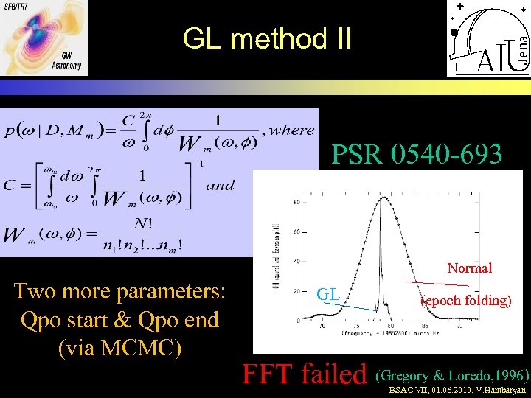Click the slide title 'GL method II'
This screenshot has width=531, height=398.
point(268,38)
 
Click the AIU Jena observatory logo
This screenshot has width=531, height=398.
point(487,38)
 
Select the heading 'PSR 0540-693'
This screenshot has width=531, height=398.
point(417,155)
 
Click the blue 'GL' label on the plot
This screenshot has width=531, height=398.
point(328,296)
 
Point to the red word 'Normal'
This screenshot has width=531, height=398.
point(470,268)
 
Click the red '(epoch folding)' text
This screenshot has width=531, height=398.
point(466,301)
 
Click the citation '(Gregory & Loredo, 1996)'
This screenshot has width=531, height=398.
point(452,374)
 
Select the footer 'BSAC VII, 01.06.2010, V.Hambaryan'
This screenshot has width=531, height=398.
point(458,391)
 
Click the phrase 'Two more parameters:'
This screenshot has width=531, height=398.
point(119,291)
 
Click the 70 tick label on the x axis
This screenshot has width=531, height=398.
point(322,326)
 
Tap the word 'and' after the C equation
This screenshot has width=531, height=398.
point(221,185)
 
